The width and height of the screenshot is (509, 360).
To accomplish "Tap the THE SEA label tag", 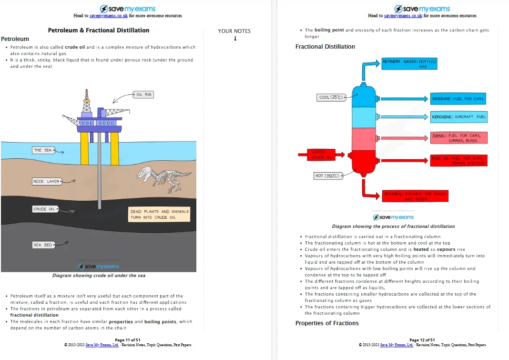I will pyautogui.click(x=43, y=150).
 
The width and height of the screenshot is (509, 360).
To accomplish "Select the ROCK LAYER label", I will pyautogui.click(x=46, y=182).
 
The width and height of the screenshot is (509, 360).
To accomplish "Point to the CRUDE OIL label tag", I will pyautogui.click(x=44, y=209).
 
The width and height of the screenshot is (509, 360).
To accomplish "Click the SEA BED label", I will pyautogui.click(x=42, y=245).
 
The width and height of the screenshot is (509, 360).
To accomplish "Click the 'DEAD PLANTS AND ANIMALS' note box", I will pyautogui.click(x=159, y=214).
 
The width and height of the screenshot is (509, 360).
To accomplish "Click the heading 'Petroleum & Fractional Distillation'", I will pyautogui.click(x=99, y=31).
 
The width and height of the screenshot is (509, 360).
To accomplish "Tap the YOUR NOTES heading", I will pyautogui.click(x=234, y=31).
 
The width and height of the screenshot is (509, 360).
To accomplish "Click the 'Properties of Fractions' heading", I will pyautogui.click(x=327, y=323).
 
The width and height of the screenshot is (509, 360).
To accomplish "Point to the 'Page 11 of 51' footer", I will pyautogui.click(x=127, y=340).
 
